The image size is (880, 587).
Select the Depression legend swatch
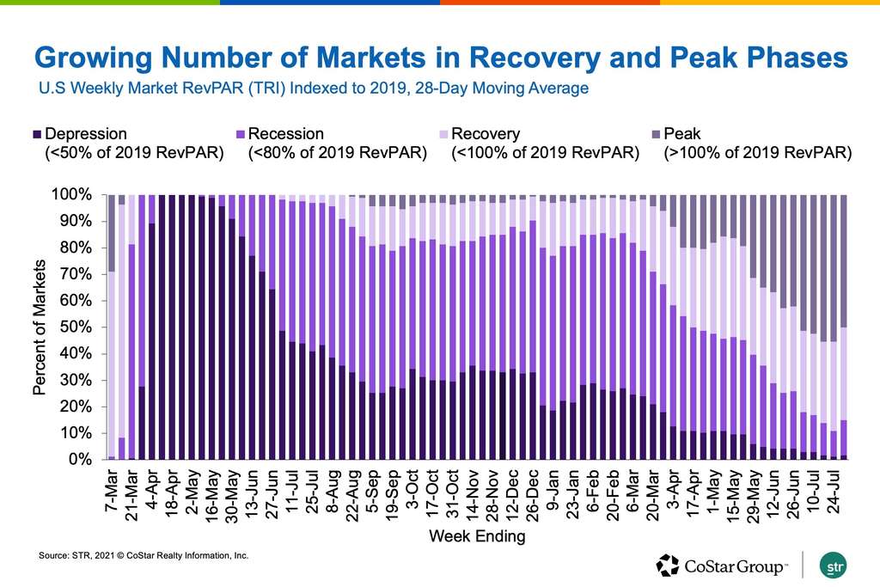tap(36, 135)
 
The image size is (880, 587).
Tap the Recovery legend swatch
tap(443, 135)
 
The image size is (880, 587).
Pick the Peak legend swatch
tap(657, 135)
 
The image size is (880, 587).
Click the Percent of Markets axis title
tap(39, 327)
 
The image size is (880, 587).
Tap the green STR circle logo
tap(833, 566)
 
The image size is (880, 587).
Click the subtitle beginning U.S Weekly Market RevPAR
tap(314, 88)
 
